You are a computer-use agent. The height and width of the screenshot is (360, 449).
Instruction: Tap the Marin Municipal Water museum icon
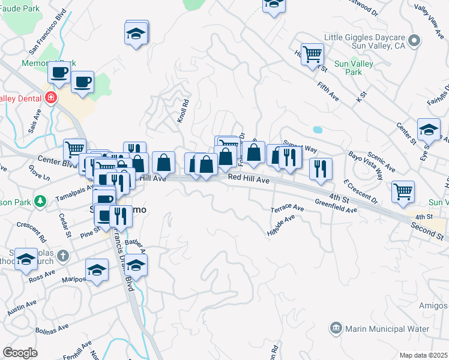click(336, 329)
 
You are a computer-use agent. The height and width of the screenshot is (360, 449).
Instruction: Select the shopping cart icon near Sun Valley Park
click(312, 55)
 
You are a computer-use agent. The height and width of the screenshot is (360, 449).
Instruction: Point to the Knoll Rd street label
click(183, 111)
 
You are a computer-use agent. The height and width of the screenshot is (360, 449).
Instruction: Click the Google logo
click(20, 352)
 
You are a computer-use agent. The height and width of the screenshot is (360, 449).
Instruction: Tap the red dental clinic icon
click(52, 98)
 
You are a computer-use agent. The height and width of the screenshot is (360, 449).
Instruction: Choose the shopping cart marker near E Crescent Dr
click(403, 191)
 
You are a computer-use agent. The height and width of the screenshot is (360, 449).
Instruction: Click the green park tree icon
click(40, 200)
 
